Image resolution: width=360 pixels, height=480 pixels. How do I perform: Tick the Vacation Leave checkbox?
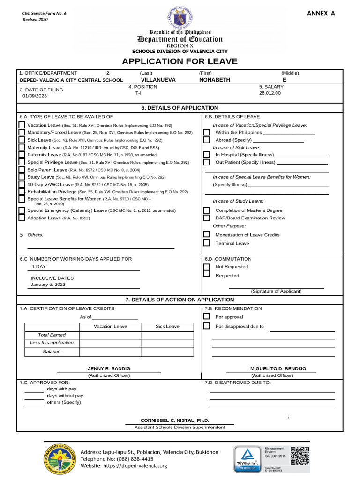coord(22,125)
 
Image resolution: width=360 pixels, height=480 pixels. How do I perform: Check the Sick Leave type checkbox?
coord(22,140)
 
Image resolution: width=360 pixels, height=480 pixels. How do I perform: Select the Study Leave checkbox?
coord(22,177)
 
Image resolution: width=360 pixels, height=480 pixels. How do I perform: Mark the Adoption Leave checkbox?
coord(22,217)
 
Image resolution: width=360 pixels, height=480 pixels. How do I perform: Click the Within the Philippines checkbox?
coord(207,132)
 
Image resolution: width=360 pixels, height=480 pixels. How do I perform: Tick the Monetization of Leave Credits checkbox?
coord(207,234)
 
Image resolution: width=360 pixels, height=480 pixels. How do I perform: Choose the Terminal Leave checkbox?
coord(207,243)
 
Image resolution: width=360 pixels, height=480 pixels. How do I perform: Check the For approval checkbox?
coord(207,316)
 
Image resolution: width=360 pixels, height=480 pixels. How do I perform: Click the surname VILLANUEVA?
coord(158,80)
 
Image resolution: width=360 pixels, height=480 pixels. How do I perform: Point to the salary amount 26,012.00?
coord(270,93)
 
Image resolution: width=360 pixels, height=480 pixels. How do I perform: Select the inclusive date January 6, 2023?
coord(48,284)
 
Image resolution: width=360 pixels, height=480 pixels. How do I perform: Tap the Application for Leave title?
coord(180,61)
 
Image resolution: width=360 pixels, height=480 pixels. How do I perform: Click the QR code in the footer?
coord(300,455)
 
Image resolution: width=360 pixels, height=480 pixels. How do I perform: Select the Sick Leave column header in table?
coord(167,326)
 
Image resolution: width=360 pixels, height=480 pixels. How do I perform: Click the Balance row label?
coord(52,351)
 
